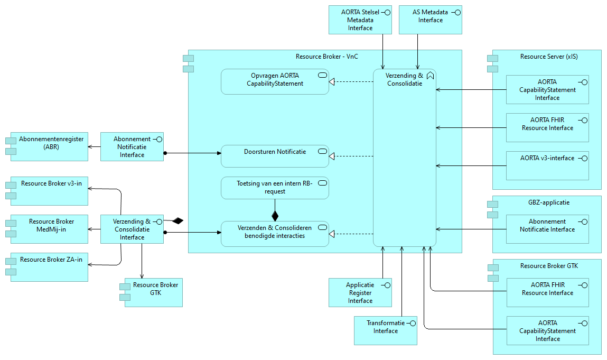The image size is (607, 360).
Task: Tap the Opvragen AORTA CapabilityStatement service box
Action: pos(275,81)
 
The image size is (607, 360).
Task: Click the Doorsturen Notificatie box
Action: pos(275,156)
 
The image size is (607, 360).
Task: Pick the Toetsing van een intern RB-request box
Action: pos(275,188)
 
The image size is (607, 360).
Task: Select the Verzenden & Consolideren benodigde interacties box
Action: pos(275,234)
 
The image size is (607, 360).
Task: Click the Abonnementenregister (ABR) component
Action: pos(46,146)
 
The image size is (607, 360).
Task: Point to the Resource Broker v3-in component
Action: pos(49,190)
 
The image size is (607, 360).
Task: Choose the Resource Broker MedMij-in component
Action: pos(49,228)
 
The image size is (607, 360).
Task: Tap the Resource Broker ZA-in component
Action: pos(49,266)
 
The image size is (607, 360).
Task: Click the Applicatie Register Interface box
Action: pos(360,292)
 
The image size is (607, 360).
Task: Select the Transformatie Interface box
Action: pos(386,330)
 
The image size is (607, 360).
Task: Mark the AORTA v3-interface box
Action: pos(547,165)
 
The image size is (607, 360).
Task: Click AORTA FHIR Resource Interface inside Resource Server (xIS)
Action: pos(547,127)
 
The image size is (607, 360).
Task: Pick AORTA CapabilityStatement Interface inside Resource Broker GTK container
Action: pos(547,330)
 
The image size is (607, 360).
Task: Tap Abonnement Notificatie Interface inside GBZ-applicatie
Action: pos(547,229)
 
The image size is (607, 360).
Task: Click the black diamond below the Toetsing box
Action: pos(275,215)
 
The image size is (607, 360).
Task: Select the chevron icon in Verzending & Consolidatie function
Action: pos(430,76)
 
